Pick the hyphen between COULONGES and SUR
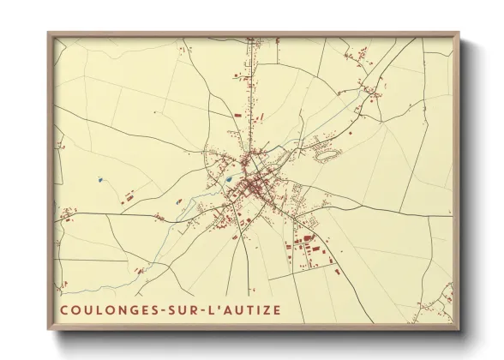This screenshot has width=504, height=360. [168, 307]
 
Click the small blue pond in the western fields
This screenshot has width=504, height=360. [100, 180]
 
